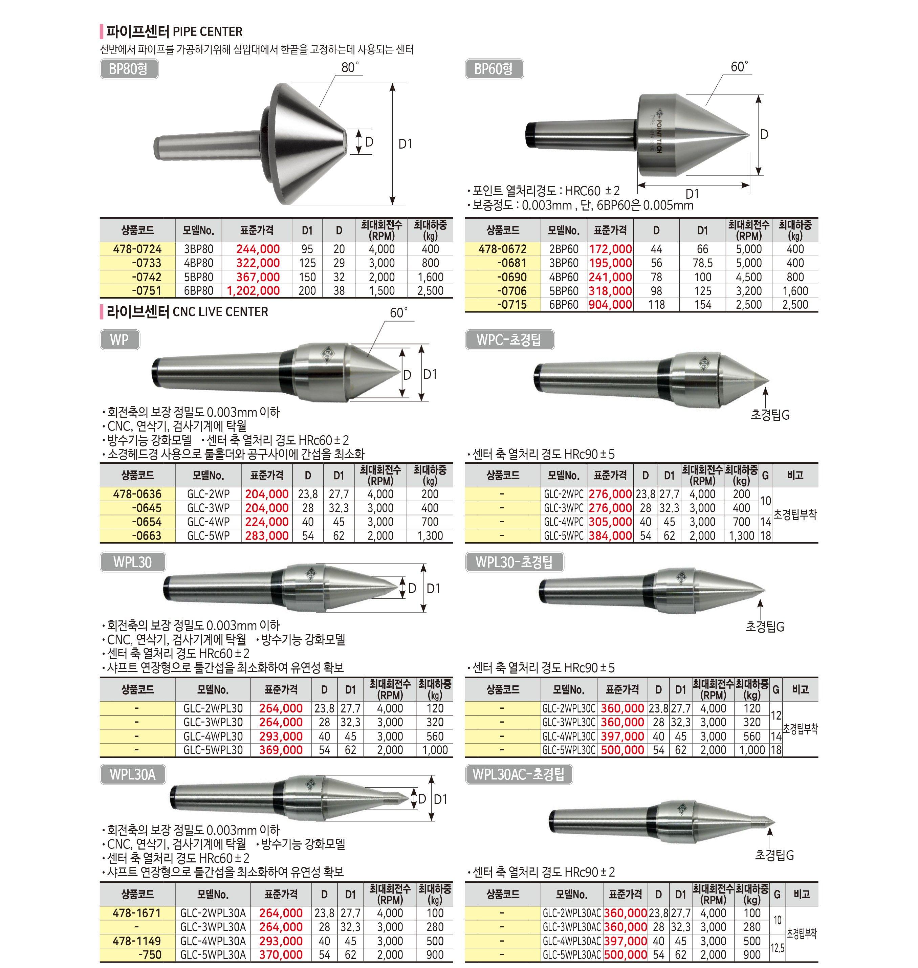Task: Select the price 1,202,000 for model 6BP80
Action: pos(254,291)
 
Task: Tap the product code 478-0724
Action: pos(137,249)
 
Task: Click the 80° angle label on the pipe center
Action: pos(350,68)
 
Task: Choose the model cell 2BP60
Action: pos(564,249)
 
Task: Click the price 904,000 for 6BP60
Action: pos(610,304)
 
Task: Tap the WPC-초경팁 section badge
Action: pos(509,339)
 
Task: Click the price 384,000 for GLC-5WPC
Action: pos(610,536)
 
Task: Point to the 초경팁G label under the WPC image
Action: pos(770,415)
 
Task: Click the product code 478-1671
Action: pos(137,913)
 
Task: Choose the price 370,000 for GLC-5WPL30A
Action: pos(281,954)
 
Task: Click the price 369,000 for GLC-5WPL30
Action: pos(281,750)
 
